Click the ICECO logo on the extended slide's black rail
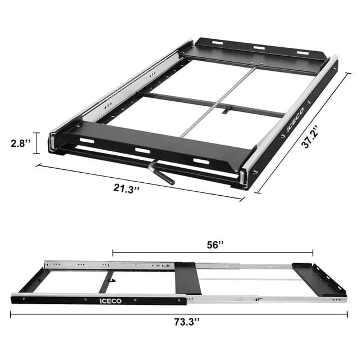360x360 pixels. [x=109, y=301]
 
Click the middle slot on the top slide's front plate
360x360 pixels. [x=142, y=151]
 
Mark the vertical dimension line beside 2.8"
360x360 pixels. [x=38, y=143]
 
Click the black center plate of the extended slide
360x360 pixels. [x=187, y=278]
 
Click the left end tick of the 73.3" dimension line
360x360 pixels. [x=11, y=314]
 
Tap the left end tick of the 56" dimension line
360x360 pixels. [x=112, y=253]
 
